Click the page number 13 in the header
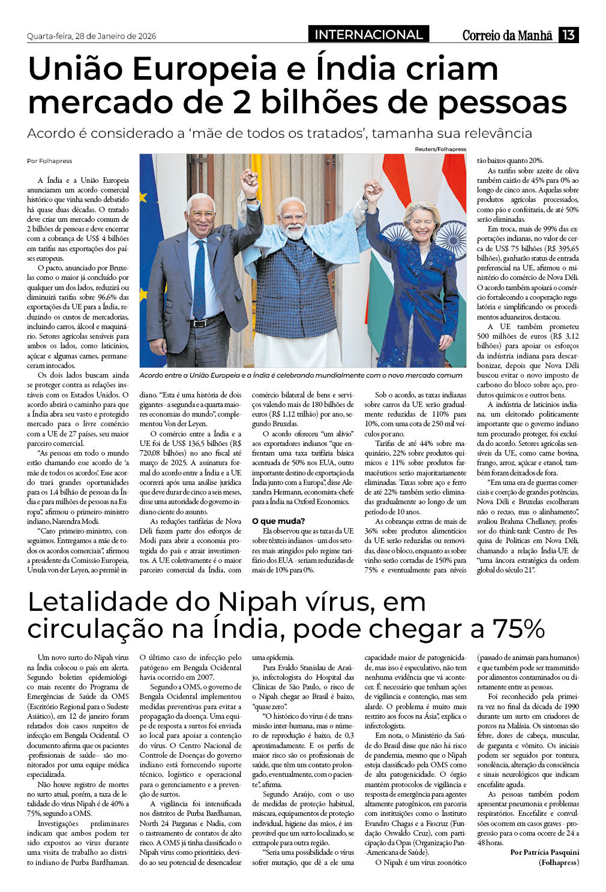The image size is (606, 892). pos(568,35)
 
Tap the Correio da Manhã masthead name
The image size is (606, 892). pos(507,35)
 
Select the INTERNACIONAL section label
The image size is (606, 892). pos(368,34)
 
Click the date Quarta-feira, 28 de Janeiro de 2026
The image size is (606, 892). pos(91,36)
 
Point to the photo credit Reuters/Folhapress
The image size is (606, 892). pos(440,149)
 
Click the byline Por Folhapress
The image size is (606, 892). pos(49,161)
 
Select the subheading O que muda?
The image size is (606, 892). pos(278,521)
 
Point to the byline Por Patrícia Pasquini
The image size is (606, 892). pos(544,852)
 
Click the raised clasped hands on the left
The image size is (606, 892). pos(249,178)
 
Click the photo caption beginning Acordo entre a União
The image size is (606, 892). pos(301,375)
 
